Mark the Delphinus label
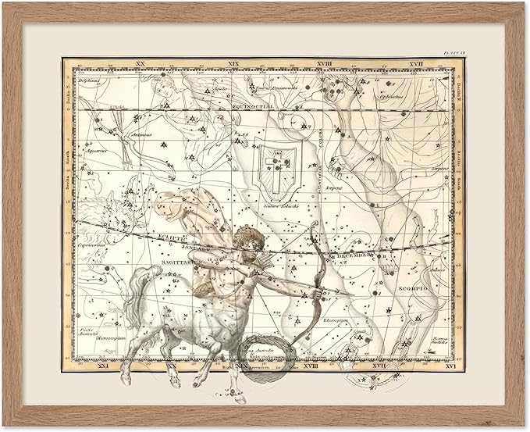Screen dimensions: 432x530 [88, 78]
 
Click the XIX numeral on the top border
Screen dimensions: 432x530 [234, 62]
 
